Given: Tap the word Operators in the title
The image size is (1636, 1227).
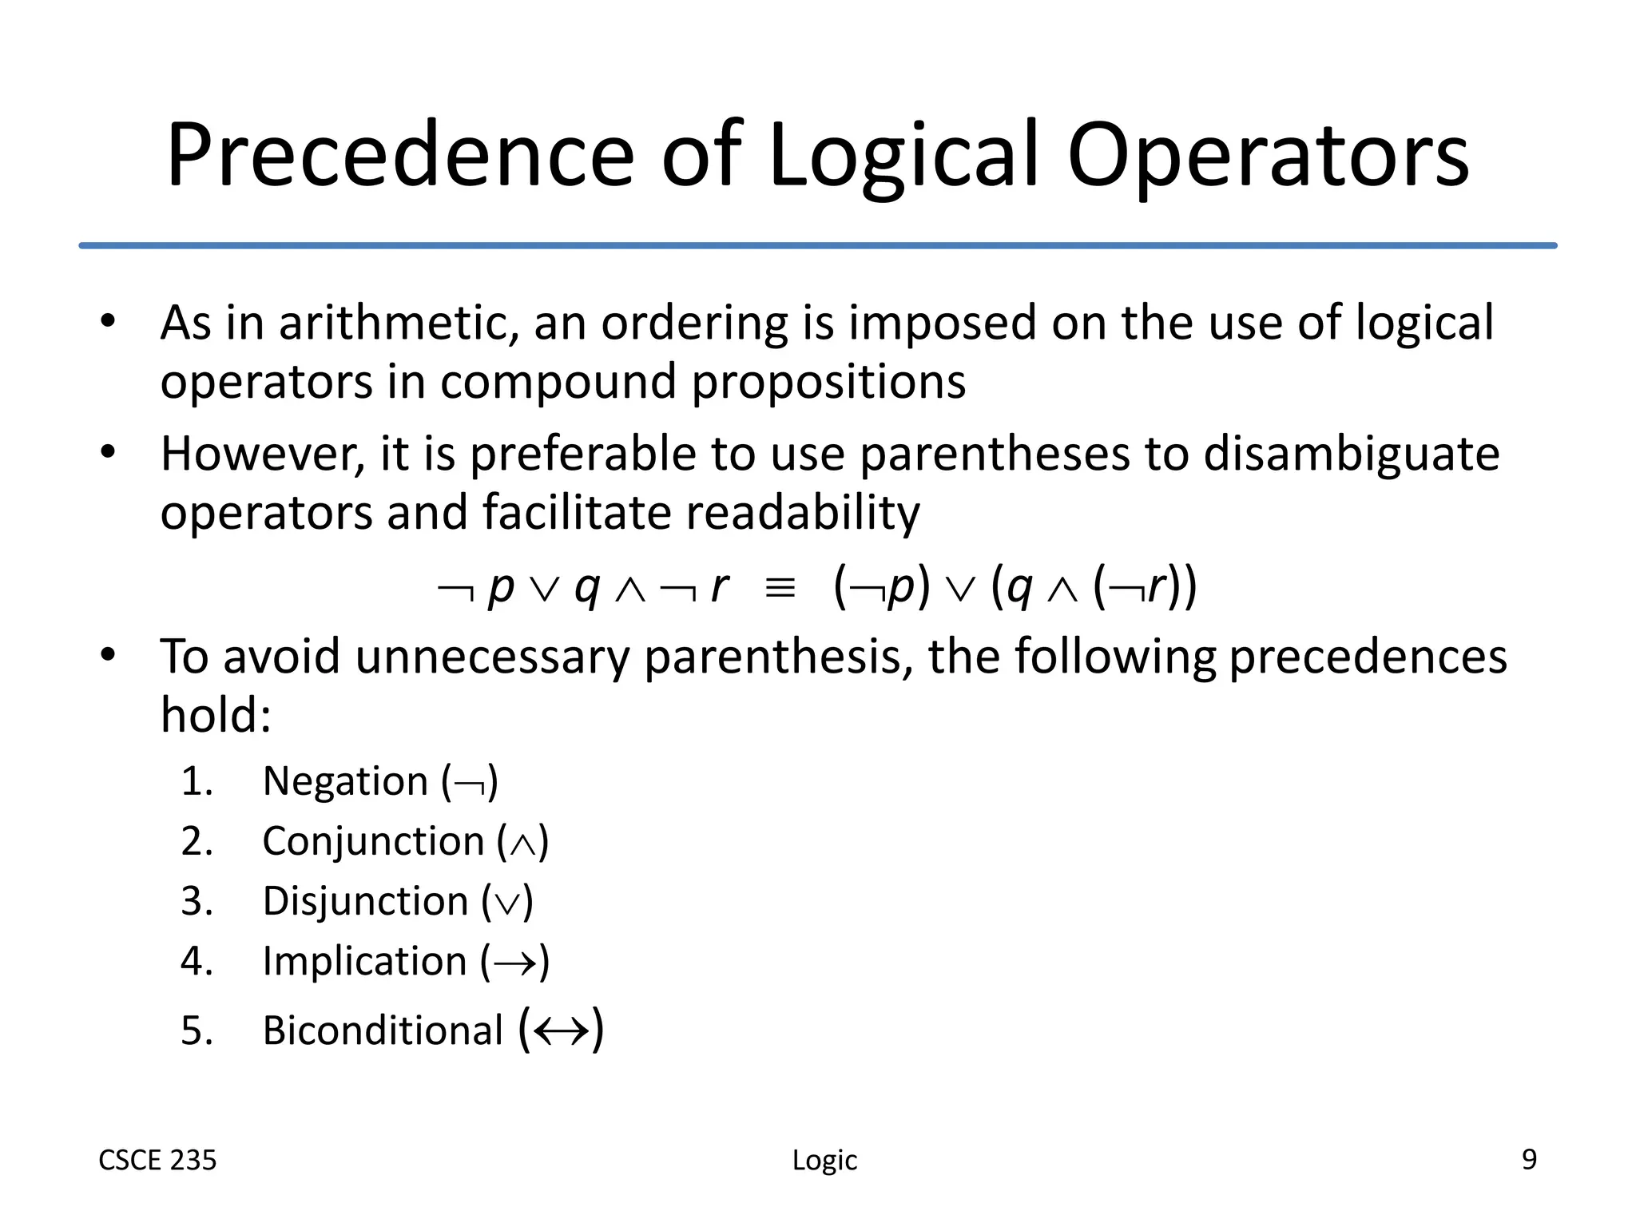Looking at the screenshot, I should pos(1268,156).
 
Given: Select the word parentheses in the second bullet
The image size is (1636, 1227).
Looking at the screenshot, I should pos(995,455).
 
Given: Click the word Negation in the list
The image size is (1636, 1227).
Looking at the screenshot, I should pos(346,781).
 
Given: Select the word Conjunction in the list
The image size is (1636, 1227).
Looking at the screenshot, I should pos(373,842).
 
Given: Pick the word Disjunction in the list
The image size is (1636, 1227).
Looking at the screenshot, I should pos(365,902).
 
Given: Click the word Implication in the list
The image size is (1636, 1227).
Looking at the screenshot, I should pos(364,962).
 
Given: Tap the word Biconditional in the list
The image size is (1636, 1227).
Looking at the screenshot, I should pos(383,1030).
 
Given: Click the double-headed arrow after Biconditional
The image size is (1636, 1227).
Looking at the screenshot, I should pos(562,1031).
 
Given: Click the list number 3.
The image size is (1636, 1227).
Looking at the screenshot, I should pos(196,902).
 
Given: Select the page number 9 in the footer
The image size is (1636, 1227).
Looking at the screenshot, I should pos(1529,1159).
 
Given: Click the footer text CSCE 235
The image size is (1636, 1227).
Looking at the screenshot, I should pos(157,1160).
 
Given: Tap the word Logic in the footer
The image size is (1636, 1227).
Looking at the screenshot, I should pos(824,1160).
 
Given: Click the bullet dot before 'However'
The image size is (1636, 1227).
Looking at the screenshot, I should pos(109,453).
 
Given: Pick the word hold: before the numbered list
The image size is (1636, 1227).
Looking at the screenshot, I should pos(216,715).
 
